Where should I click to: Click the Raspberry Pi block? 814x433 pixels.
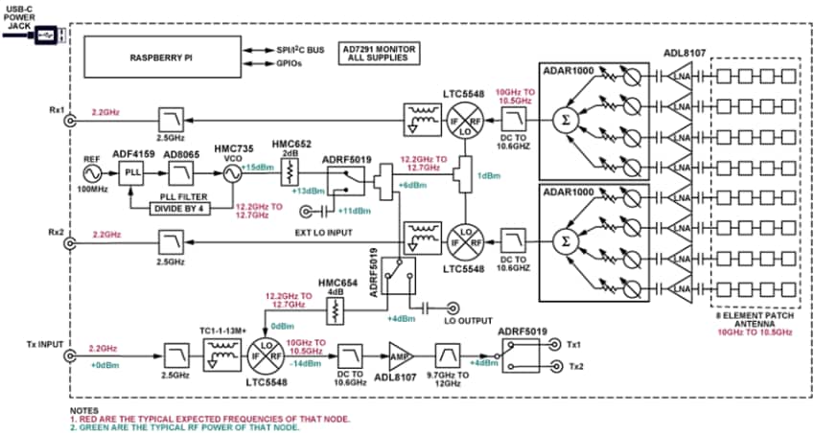pos(162,57)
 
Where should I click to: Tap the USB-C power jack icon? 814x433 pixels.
pos(47,35)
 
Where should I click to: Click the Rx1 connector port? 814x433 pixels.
pos(68,120)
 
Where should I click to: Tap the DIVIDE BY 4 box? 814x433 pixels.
pos(183,208)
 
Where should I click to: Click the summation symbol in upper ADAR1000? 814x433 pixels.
pos(561,122)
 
